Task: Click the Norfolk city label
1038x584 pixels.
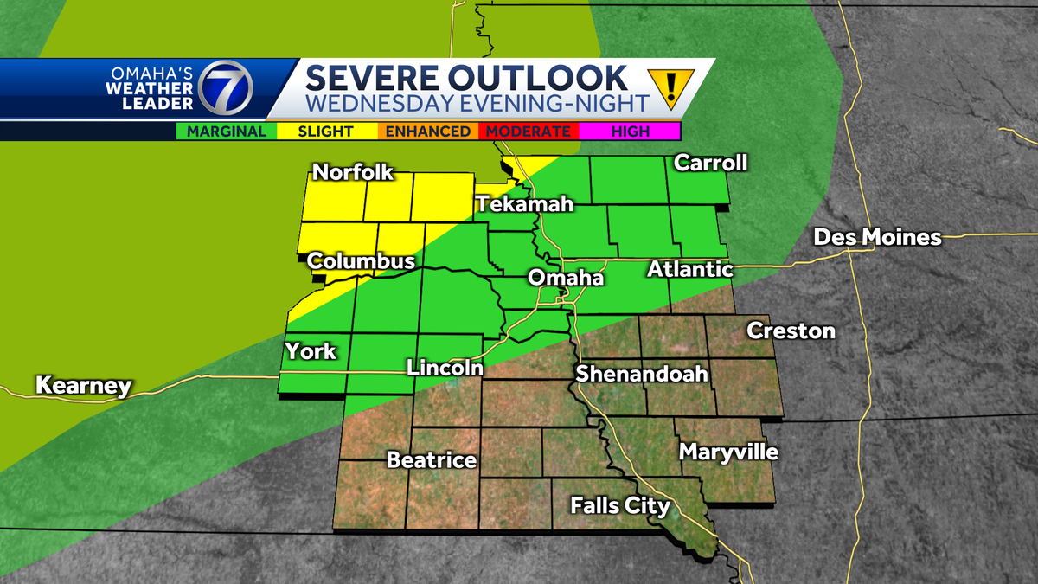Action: (x=353, y=172)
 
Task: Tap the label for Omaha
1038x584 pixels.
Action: (x=566, y=279)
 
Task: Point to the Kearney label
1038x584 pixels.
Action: (x=83, y=386)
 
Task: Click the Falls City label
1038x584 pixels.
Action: (x=620, y=505)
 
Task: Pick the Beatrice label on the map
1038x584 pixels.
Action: (x=432, y=459)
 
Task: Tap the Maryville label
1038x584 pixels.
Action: (x=728, y=452)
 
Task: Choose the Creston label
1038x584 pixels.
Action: (x=791, y=331)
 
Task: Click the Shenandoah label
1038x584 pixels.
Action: (x=642, y=374)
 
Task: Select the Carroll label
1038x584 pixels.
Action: (x=709, y=163)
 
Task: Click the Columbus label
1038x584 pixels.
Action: (x=361, y=260)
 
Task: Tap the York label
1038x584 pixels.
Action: (x=311, y=352)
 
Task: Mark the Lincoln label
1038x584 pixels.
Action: (x=445, y=368)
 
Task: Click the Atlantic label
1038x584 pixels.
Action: (x=690, y=270)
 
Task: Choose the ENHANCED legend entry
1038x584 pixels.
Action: (x=427, y=132)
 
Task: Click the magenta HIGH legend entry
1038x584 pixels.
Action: (x=630, y=132)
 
